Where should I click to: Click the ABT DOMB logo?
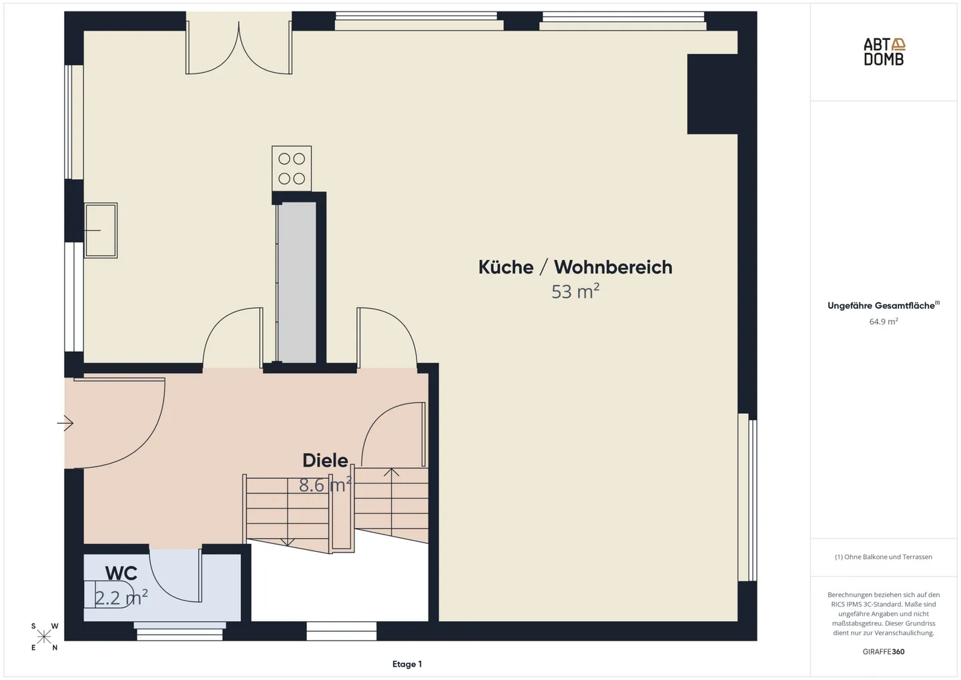(x=884, y=51)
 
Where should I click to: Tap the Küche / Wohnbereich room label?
(x=575, y=267)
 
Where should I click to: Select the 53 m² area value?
(x=575, y=292)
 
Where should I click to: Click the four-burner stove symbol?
(x=292, y=169)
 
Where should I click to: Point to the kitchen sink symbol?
(x=100, y=230)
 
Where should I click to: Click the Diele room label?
(x=325, y=460)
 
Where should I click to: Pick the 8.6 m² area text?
(x=324, y=485)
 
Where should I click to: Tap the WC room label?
(x=121, y=573)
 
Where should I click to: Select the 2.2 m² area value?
(x=121, y=597)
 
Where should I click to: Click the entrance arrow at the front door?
(x=65, y=423)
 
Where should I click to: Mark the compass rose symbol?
(x=44, y=637)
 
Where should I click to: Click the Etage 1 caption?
(x=407, y=664)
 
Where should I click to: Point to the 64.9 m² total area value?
(x=883, y=322)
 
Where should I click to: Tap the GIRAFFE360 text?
(x=883, y=651)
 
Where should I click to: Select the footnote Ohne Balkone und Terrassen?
(x=883, y=557)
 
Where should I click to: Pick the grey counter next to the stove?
(x=297, y=282)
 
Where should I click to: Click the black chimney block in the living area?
(x=712, y=94)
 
